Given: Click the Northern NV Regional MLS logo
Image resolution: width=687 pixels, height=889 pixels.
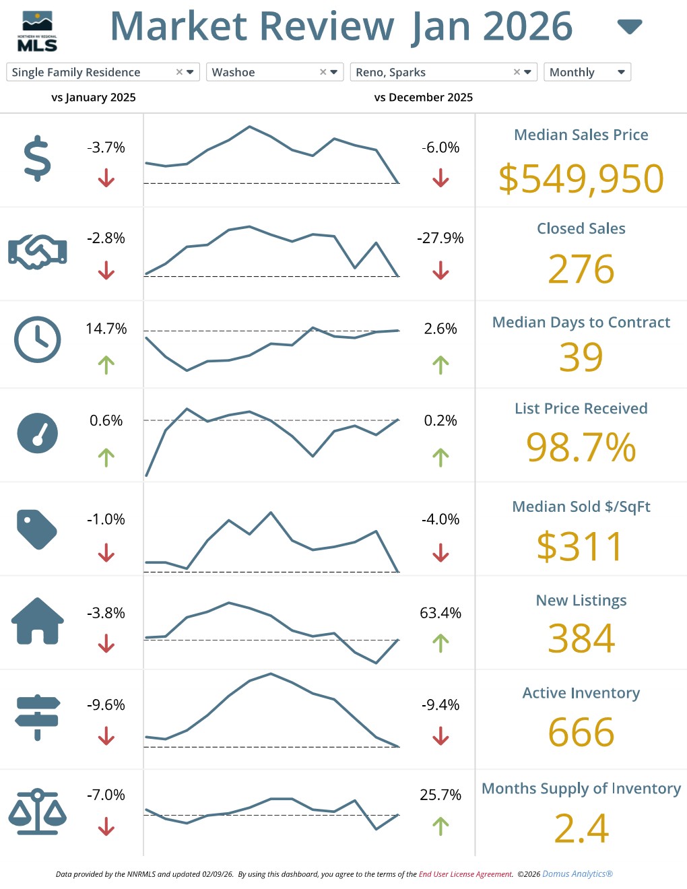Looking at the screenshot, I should pyautogui.click(x=37, y=32).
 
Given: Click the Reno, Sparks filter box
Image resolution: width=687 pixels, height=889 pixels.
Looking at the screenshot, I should pyautogui.click(x=442, y=72).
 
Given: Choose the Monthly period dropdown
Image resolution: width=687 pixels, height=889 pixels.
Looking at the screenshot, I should pyautogui.click(x=587, y=72).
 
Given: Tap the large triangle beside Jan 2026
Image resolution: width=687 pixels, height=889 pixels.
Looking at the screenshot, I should pyautogui.click(x=630, y=27).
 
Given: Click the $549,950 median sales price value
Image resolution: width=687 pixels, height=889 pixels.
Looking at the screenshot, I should pyautogui.click(x=581, y=178).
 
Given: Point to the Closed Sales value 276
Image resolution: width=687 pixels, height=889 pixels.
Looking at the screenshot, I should pyautogui.click(x=581, y=269).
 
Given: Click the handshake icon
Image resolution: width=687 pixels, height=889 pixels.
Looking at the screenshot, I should pyautogui.click(x=37, y=253).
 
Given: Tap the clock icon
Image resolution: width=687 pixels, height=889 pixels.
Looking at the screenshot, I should pyautogui.click(x=37, y=339).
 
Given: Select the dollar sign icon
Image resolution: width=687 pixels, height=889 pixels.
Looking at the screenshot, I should pyautogui.click(x=37, y=159).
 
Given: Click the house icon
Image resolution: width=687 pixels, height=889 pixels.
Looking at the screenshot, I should pyautogui.click(x=37, y=621).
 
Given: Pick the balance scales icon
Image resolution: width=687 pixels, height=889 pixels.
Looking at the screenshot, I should pyautogui.click(x=37, y=812).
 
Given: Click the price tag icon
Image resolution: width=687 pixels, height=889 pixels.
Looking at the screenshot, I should pyautogui.click(x=37, y=529).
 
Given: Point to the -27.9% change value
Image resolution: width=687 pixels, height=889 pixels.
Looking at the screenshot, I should pyautogui.click(x=440, y=238).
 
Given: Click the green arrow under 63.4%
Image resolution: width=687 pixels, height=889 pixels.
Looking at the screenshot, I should pyautogui.click(x=440, y=643).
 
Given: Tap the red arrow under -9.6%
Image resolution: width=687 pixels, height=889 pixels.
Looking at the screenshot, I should pyautogui.click(x=106, y=736).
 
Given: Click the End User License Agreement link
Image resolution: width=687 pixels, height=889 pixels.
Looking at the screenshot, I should pyautogui.click(x=465, y=874).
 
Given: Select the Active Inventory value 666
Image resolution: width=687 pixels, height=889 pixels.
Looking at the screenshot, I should pyautogui.click(x=581, y=732).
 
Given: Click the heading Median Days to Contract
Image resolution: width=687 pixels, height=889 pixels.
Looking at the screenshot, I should pyautogui.click(x=581, y=323).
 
